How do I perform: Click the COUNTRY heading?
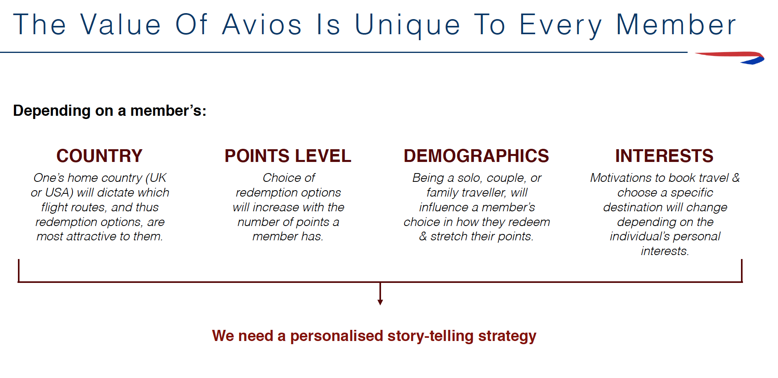point(100,156)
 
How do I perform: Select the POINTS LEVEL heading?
point(288,156)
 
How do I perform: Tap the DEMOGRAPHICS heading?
point(476,156)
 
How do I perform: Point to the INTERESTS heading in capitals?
point(664,156)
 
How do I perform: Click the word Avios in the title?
point(262,25)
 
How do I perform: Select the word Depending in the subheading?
point(52,111)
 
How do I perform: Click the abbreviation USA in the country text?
point(59,193)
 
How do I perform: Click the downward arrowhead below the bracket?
point(380,302)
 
